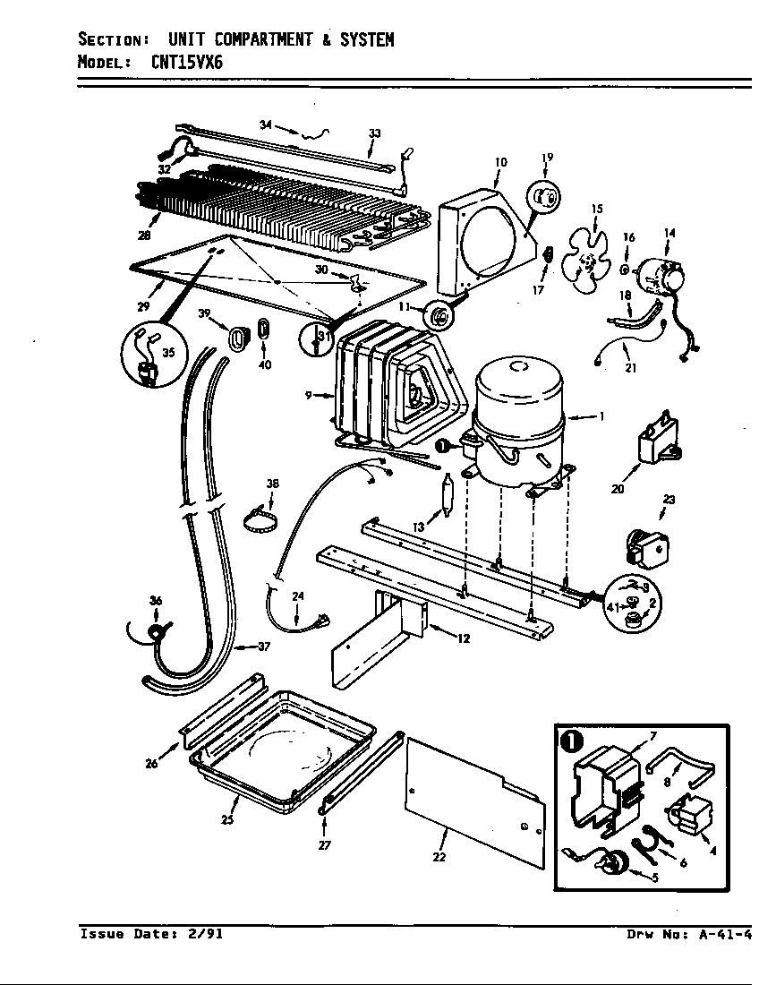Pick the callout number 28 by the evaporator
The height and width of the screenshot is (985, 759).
[x=145, y=236]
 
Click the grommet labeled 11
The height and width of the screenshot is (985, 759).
[x=439, y=316]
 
